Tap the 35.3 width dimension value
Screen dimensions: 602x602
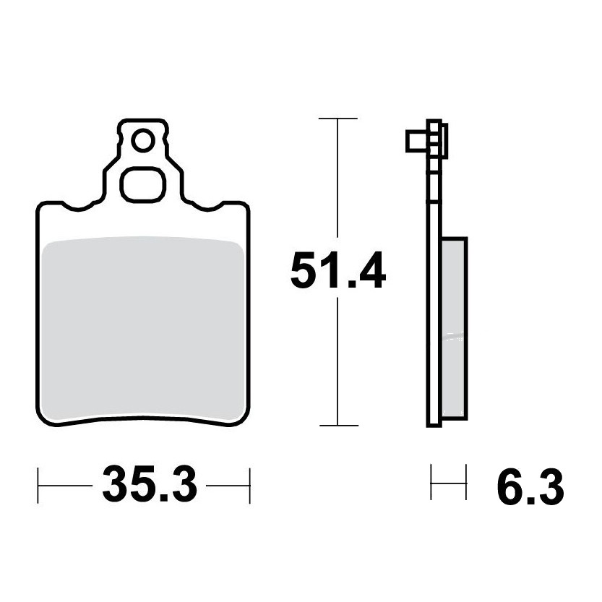pyautogui.click(x=150, y=485)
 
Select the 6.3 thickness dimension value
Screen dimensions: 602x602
pyautogui.click(x=530, y=488)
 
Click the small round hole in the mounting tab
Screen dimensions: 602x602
pyautogui.click(x=143, y=140)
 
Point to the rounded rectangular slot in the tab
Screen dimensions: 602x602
pyautogui.click(x=143, y=185)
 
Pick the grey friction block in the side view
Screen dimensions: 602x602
pyautogui.click(x=455, y=328)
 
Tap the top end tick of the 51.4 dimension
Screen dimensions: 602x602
pyautogui.click(x=338, y=119)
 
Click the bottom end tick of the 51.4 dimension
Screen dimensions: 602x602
pyautogui.click(x=339, y=426)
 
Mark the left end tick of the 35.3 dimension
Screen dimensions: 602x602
pyautogui.click(x=38, y=486)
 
